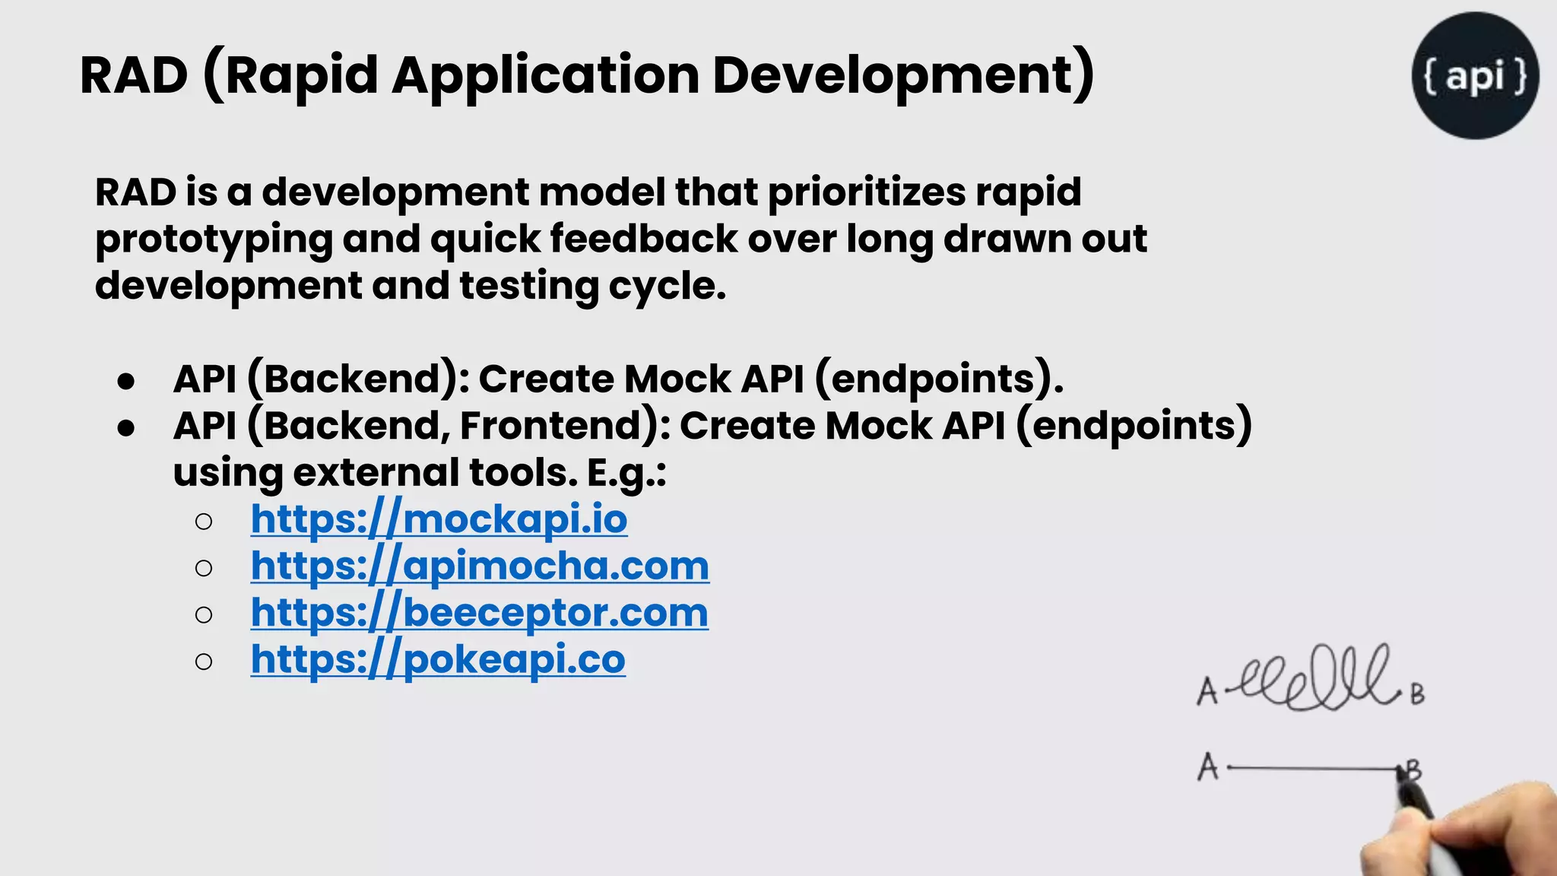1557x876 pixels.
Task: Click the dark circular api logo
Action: pyautogui.click(x=1475, y=75)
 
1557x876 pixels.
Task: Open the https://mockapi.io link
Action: pyautogui.click(x=439, y=519)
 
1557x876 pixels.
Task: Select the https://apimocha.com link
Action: pyautogui.click(x=480, y=567)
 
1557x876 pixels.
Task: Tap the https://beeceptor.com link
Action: pyautogui.click(x=479, y=613)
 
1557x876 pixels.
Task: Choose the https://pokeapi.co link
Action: pyautogui.click(x=438, y=659)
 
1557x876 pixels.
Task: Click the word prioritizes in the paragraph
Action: pyautogui.click(x=866, y=192)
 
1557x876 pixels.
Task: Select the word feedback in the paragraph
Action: pyautogui.click(x=643, y=239)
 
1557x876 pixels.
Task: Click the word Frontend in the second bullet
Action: pyautogui.click(x=559, y=425)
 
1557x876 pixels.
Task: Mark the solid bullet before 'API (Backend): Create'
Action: pyautogui.click(x=126, y=381)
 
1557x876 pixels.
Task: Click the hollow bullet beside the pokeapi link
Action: pyautogui.click(x=203, y=662)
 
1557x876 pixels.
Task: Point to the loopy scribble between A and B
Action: pyautogui.click(x=1319, y=679)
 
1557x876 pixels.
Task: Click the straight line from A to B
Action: pyautogui.click(x=1311, y=769)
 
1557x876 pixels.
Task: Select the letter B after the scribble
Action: pyautogui.click(x=1417, y=694)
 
